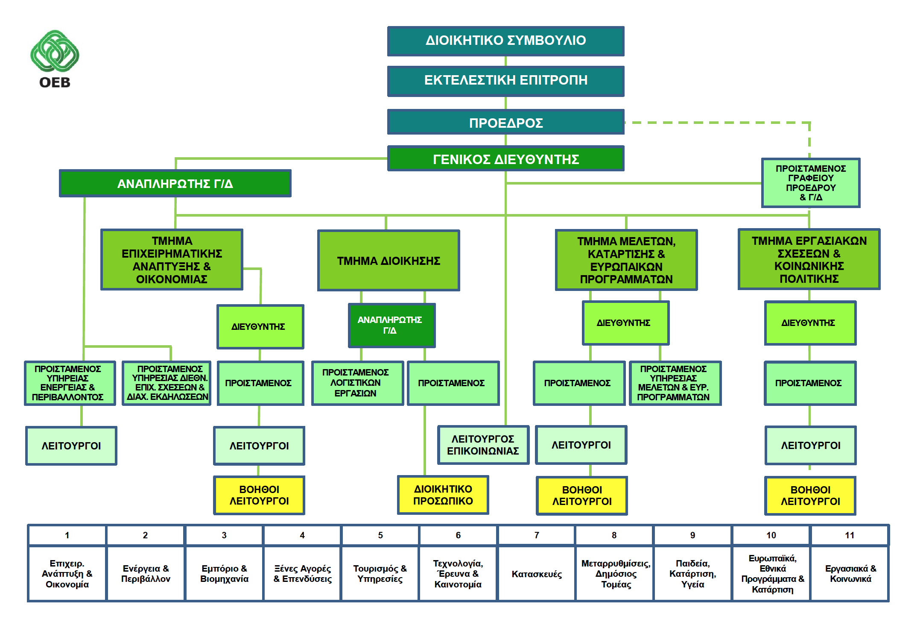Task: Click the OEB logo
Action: point(55,59)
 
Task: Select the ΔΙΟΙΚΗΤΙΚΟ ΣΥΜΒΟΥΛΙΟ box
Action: point(505,41)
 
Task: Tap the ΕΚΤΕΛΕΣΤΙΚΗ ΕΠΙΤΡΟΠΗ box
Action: point(505,81)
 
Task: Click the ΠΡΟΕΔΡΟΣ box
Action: point(505,122)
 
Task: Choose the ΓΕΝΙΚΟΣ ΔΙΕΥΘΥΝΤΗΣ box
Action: point(505,158)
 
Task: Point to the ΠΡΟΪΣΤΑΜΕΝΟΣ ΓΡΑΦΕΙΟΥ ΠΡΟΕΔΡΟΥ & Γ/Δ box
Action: point(810,183)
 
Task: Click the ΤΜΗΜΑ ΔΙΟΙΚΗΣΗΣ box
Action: point(388,261)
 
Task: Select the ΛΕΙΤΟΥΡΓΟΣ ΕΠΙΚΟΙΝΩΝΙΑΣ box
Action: point(483,445)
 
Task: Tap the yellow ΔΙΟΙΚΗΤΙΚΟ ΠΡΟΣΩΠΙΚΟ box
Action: point(443,495)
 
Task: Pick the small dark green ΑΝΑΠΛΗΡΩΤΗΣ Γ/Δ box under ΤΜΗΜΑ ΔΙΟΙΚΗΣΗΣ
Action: point(391,325)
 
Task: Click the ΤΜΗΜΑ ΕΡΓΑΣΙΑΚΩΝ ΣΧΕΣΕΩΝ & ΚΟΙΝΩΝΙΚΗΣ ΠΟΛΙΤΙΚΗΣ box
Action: point(809,259)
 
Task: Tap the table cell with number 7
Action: point(536,535)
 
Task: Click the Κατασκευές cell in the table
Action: point(536,574)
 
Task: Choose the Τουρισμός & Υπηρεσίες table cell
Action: point(380,574)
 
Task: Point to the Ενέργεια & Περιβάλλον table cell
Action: point(146,574)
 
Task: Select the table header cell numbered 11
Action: point(850,535)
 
